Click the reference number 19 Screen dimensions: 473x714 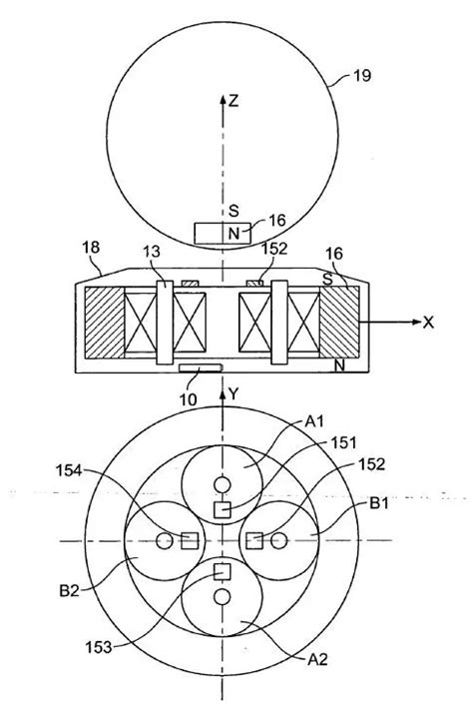click(362, 75)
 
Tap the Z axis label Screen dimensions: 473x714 click(234, 100)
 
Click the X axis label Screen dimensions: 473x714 click(428, 323)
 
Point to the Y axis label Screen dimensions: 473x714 click(234, 394)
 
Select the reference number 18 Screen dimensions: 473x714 click(91, 248)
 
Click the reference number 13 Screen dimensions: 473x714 click(152, 252)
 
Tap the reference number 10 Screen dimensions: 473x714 click(188, 399)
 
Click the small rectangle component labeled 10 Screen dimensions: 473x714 click(201, 367)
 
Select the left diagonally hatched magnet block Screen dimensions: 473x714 click(104, 322)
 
